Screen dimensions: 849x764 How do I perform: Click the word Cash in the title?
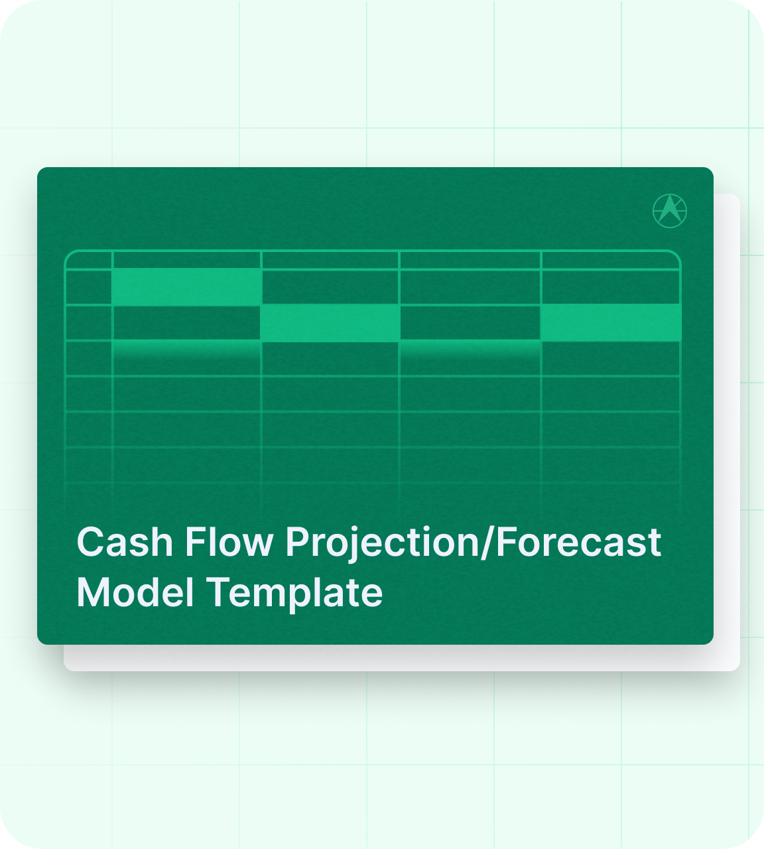pyautogui.click(x=125, y=543)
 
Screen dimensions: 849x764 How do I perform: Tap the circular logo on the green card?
pyautogui.click(x=670, y=211)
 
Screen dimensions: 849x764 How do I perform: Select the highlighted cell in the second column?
pyautogui.click(x=186, y=287)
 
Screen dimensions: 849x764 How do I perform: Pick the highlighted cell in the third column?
pyautogui.click(x=330, y=323)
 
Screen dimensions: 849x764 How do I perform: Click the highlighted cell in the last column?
pyautogui.click(x=611, y=322)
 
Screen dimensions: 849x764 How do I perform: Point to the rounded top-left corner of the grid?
pyautogui.click(x=69, y=255)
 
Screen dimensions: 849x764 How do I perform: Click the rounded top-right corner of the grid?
pyautogui.click(x=676, y=255)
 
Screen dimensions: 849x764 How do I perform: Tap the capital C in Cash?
pyautogui.click(x=89, y=543)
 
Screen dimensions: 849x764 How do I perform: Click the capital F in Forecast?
pyautogui.click(x=504, y=543)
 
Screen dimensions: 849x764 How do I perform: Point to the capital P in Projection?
pyautogui.click(x=296, y=543)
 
